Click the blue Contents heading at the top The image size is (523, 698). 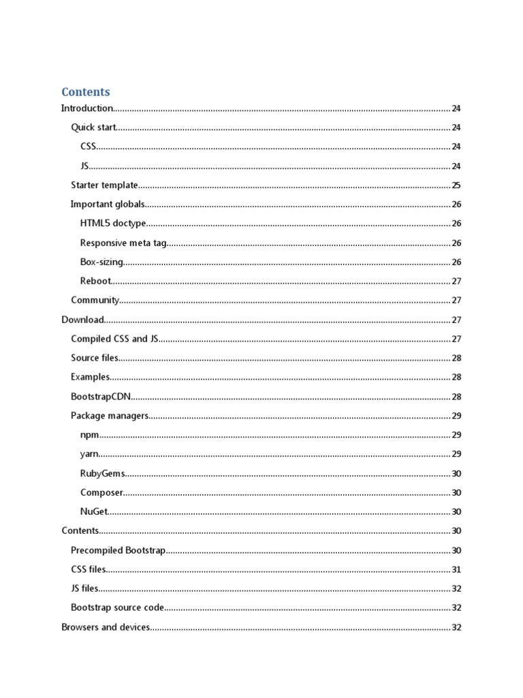(85, 92)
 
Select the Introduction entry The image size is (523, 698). (86, 108)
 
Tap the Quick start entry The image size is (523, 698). (94, 127)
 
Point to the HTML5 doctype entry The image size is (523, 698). (113, 224)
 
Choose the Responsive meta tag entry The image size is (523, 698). (123, 243)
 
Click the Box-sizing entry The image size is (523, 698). (102, 262)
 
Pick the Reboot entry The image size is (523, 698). (95, 281)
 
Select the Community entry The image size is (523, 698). (95, 300)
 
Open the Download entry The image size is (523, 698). (82, 320)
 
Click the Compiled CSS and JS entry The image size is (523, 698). (114, 339)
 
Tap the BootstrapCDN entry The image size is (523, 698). (101, 397)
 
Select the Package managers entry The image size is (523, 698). (109, 416)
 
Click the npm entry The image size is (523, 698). (89, 435)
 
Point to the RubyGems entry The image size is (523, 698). (103, 474)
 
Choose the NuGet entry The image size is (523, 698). (94, 512)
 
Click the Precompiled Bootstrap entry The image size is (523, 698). (118, 550)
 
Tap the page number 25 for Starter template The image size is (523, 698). (456, 185)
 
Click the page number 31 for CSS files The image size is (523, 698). (456, 570)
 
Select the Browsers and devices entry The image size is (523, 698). (106, 627)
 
